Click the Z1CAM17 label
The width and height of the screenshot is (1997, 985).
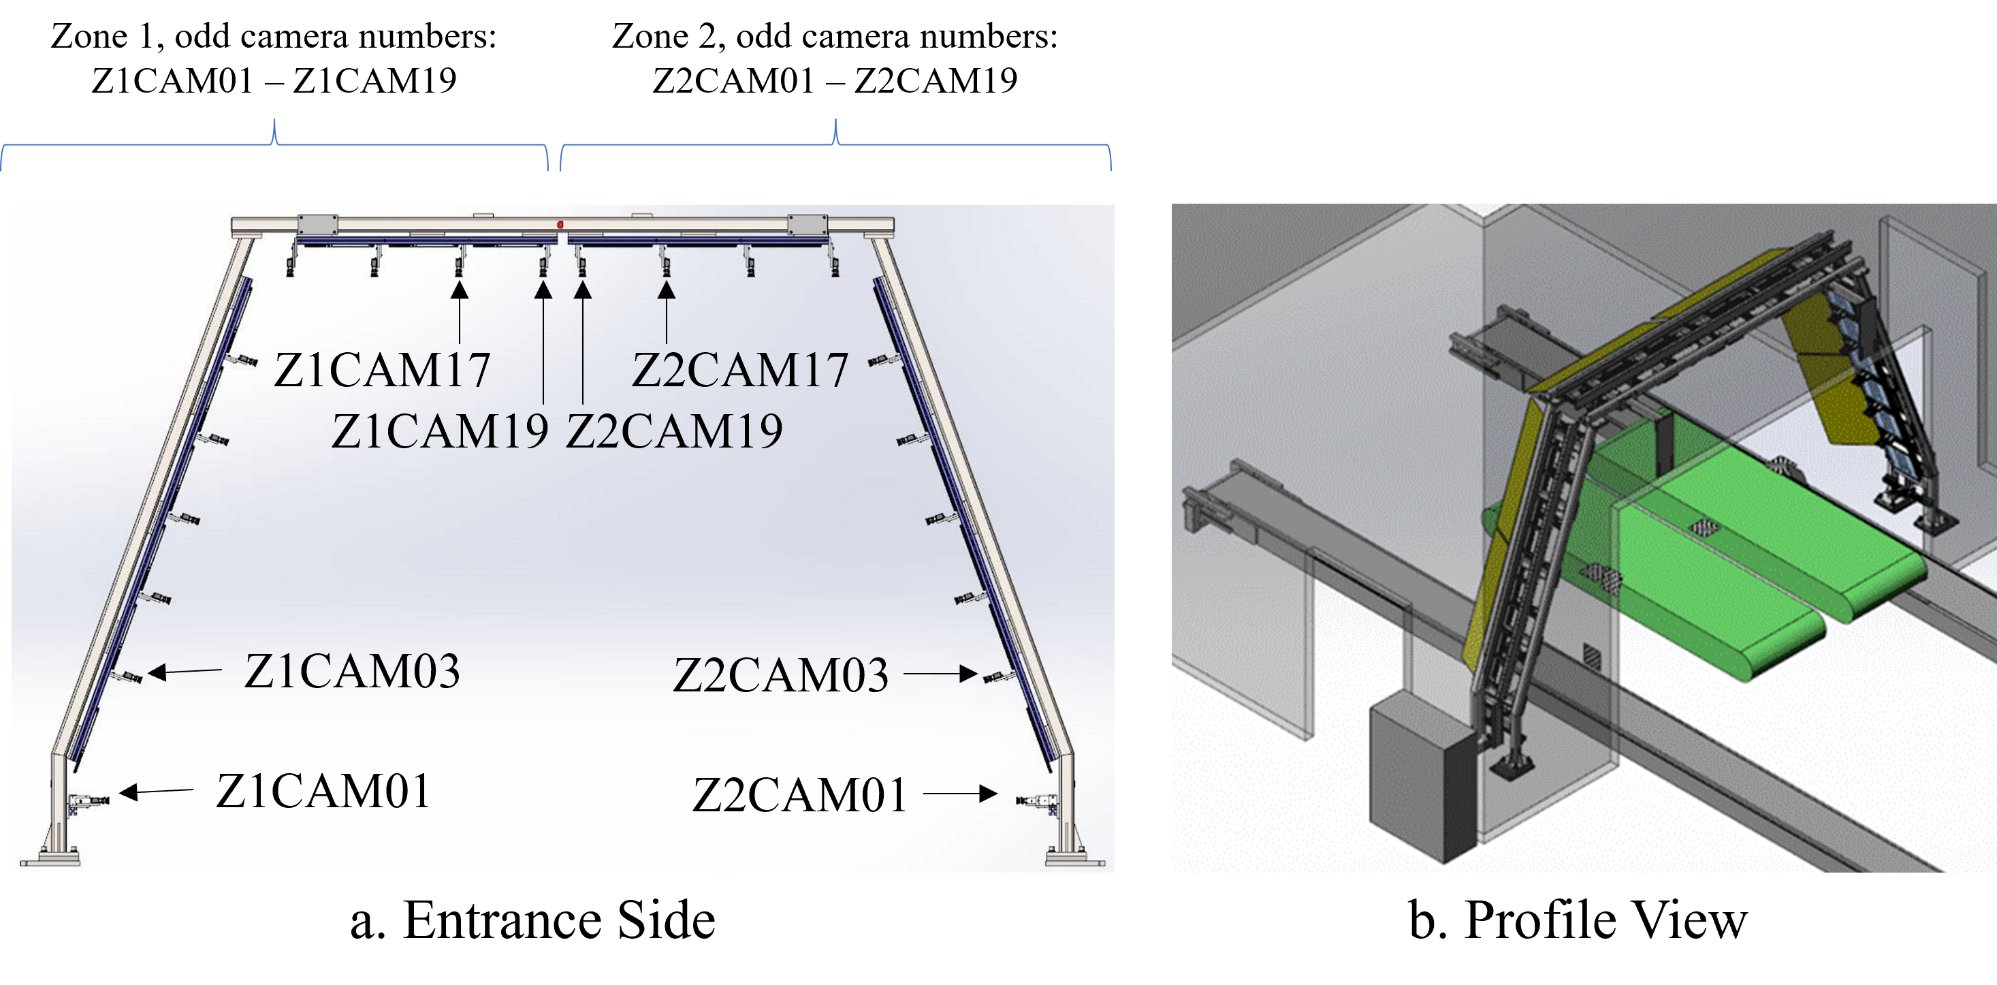pyautogui.click(x=382, y=370)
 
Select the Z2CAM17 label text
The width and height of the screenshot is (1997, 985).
pyautogui.click(x=740, y=370)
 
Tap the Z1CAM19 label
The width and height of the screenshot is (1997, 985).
pyautogui.click(x=441, y=431)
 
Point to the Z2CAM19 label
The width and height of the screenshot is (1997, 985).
pyautogui.click(x=675, y=431)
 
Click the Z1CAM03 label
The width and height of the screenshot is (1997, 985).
pyautogui.click(x=352, y=671)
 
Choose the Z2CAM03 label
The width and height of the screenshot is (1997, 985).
pyautogui.click(x=781, y=676)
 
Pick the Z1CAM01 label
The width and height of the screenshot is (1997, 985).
pyautogui.click(x=323, y=792)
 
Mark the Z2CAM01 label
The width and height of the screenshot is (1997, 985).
pyautogui.click(x=799, y=796)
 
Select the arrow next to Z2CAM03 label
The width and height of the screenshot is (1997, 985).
pyautogui.click(x=940, y=674)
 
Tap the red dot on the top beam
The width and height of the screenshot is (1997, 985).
pyautogui.click(x=560, y=224)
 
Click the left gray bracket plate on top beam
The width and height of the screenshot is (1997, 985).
pyautogui.click(x=318, y=225)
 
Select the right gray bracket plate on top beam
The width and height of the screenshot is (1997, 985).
pyautogui.click(x=807, y=225)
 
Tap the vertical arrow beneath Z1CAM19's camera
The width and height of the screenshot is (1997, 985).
pyautogui.click(x=543, y=341)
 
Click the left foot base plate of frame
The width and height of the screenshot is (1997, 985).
pyautogui.click(x=50, y=860)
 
